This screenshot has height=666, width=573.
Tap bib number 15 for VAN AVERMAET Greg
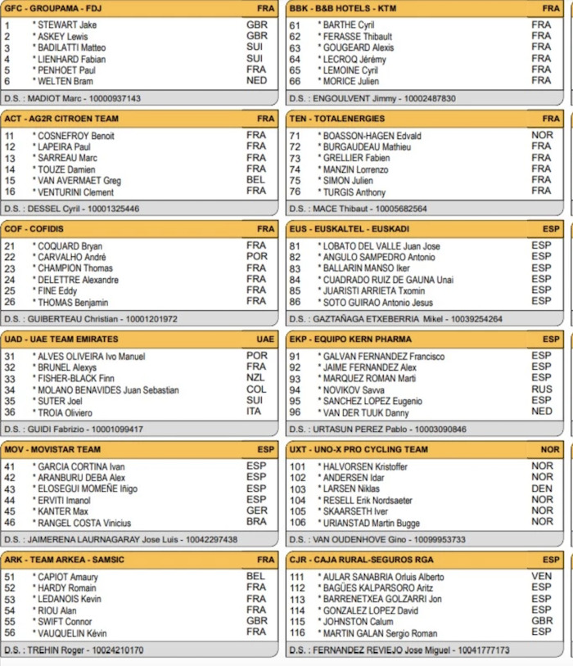point(10,181)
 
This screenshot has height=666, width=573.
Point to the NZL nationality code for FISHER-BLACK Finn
point(255,378)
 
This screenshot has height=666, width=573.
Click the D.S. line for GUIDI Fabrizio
point(74,429)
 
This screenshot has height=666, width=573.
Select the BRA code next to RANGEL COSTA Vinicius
point(256,522)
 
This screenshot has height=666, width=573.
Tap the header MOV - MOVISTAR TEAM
point(52,450)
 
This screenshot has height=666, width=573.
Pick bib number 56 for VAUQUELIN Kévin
point(10,632)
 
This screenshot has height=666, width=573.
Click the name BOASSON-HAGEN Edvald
point(360,136)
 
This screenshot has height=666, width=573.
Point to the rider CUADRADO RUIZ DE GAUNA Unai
point(387,280)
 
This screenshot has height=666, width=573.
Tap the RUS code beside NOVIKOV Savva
point(541,389)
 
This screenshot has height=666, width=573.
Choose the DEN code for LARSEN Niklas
point(541,488)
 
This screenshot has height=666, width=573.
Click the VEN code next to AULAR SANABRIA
point(541,576)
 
